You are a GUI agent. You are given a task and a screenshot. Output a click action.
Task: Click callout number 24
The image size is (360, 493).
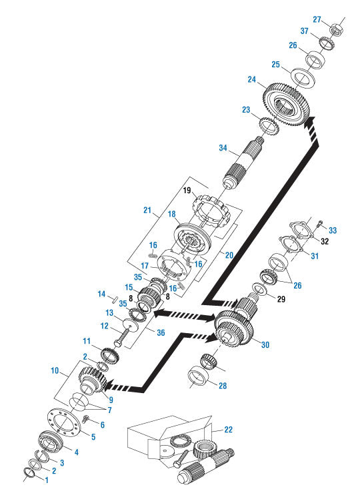coord(252,79)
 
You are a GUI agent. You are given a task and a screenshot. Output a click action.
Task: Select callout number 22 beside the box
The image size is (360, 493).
coord(229,430)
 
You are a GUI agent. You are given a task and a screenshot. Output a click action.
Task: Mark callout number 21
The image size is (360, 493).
coord(148,210)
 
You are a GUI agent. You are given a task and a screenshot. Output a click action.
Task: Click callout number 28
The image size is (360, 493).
coord(221,384)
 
